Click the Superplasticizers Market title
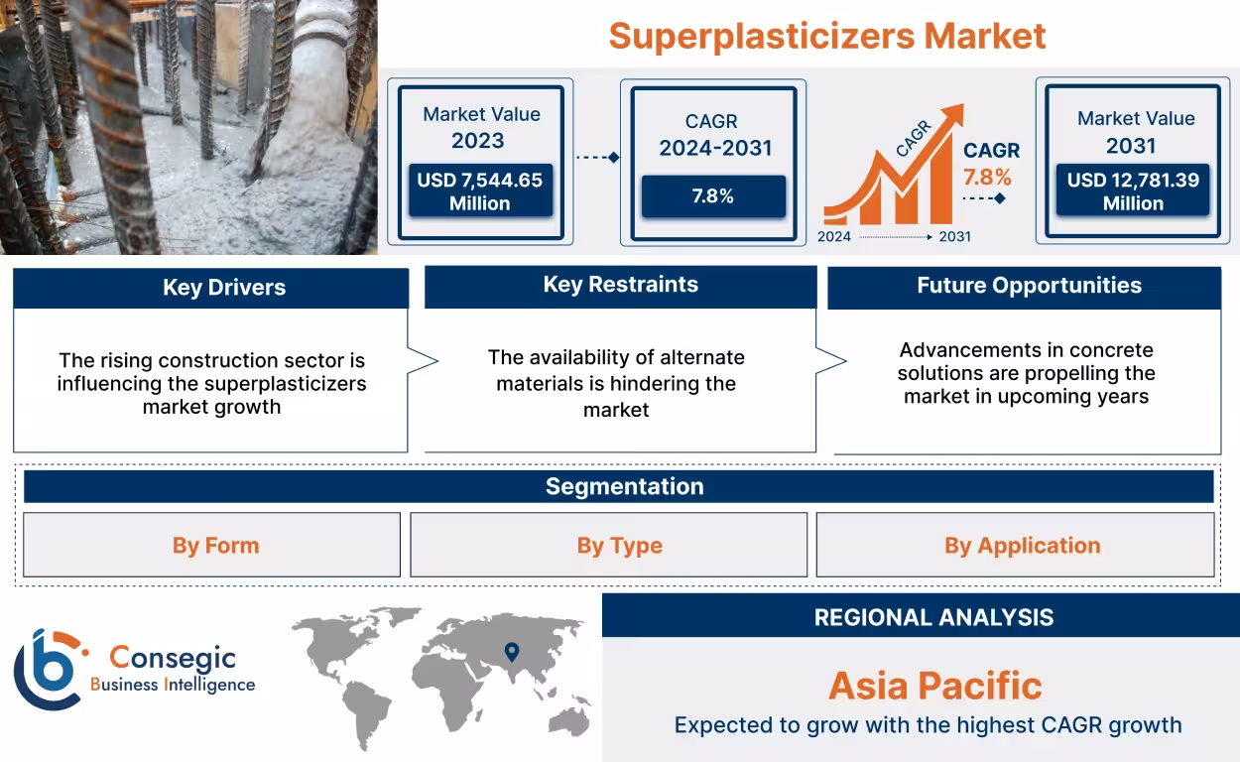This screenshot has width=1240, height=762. coord(826,37)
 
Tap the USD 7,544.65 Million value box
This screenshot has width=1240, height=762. coord(479,191)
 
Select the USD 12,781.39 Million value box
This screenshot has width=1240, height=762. coord(1132,191)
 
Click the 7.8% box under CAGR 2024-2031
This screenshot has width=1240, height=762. coord(712,196)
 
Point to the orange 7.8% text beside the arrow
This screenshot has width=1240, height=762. coord(986,178)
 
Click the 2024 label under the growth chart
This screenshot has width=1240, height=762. coord(833,237)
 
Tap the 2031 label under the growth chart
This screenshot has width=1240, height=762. coord(954,237)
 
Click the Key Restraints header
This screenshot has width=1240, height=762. coord(620,285)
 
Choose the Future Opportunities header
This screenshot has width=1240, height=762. coord(1028,286)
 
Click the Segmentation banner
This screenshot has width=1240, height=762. coord(624,486)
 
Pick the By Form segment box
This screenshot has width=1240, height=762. coord(215,546)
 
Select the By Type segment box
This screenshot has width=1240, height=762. coord(619,546)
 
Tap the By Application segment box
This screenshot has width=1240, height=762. coord(1022,546)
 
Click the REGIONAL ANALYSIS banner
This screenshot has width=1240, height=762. coord(932,617)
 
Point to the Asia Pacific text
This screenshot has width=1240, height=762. coord(934,686)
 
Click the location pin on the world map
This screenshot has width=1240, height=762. coord(512,652)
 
